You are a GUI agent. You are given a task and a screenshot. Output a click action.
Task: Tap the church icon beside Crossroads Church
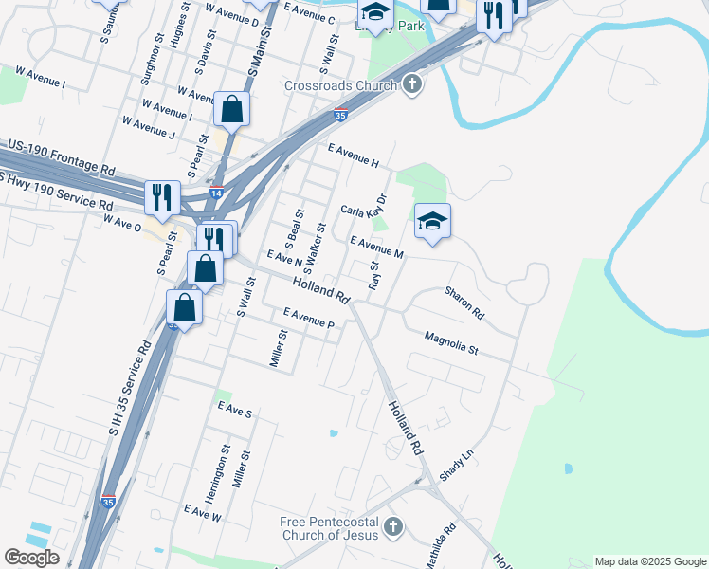[410, 85]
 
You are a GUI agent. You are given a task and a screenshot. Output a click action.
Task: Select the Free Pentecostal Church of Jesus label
[329, 528]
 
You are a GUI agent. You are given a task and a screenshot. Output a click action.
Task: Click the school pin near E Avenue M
[432, 222]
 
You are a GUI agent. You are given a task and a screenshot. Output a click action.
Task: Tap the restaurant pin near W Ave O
[161, 197]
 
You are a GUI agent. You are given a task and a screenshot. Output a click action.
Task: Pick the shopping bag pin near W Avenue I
[232, 110]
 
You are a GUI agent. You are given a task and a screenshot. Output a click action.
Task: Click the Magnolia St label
[451, 342]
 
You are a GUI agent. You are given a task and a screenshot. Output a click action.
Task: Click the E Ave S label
[234, 410]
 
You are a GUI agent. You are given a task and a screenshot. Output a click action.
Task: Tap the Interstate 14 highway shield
[217, 192]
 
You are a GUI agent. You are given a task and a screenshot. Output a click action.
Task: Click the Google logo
[31, 558]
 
